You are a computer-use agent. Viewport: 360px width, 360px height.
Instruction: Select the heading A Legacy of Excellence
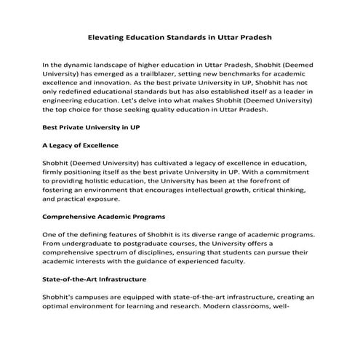(x=81, y=145)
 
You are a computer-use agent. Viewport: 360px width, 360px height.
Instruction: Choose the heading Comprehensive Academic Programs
(x=104, y=217)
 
